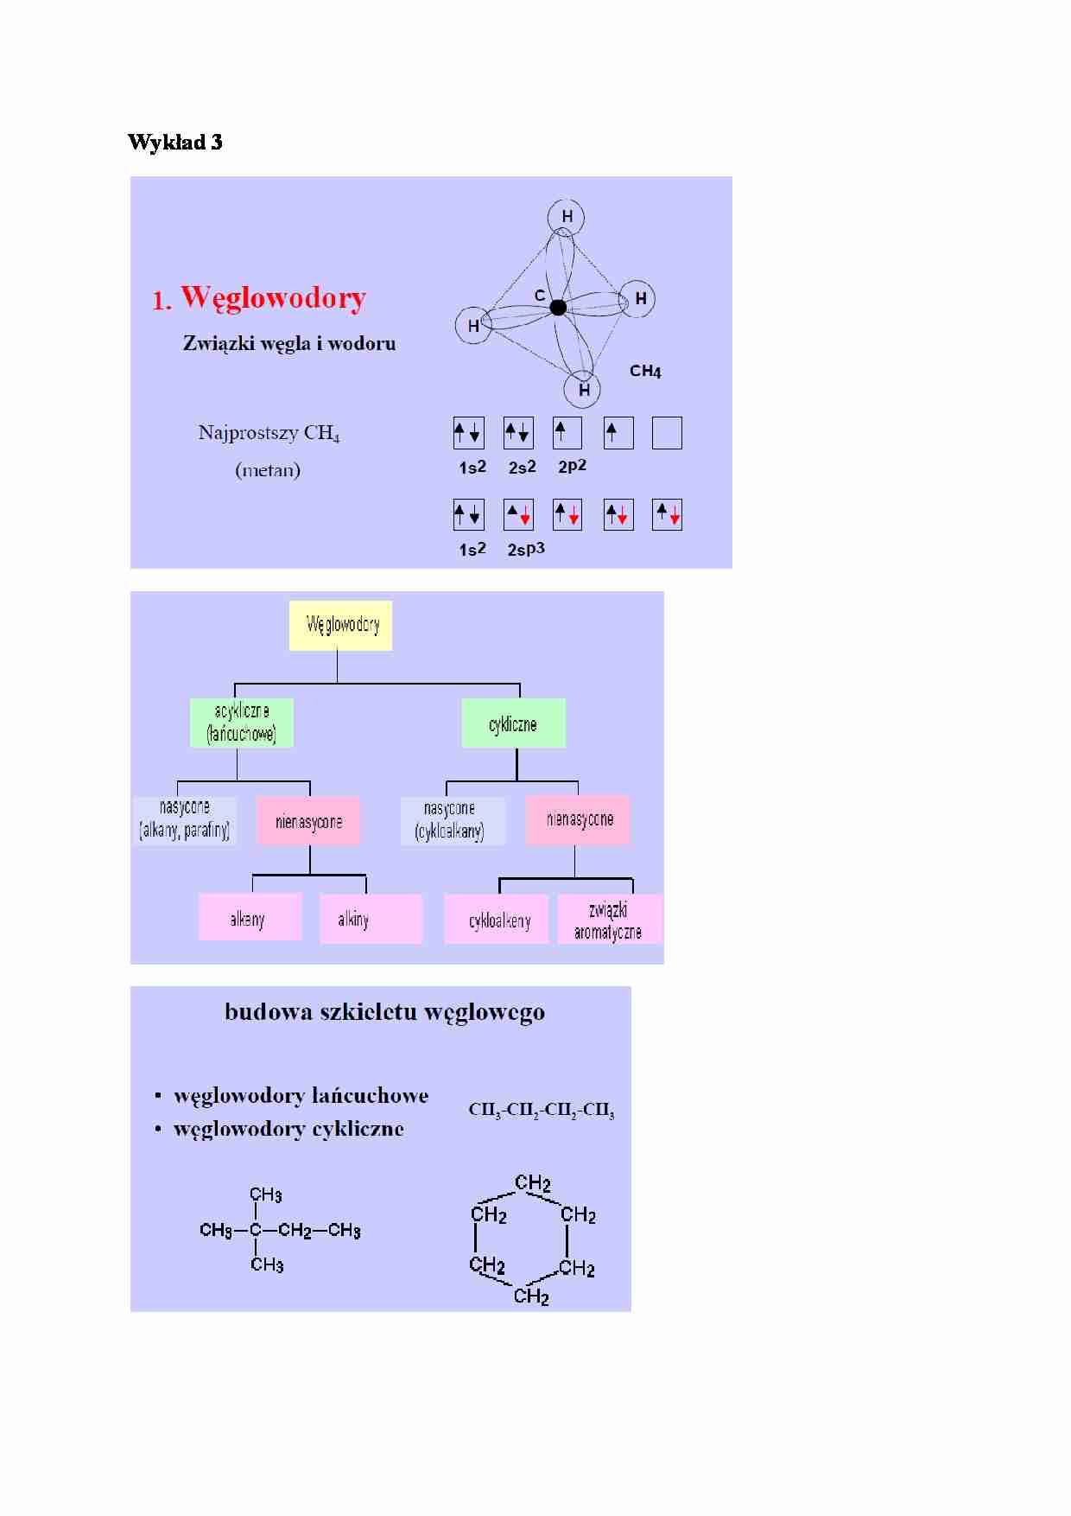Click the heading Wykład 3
(x=175, y=142)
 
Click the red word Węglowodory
(x=274, y=298)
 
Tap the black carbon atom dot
(x=558, y=307)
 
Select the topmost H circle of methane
(x=567, y=217)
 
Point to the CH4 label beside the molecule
(x=645, y=372)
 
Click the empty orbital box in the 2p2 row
(x=667, y=433)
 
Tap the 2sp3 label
(x=526, y=550)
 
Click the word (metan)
(x=268, y=471)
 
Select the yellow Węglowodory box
(x=340, y=625)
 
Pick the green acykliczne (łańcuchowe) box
(x=242, y=723)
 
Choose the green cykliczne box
(x=514, y=723)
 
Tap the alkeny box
(x=250, y=918)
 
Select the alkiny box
(x=371, y=919)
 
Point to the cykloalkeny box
(x=497, y=920)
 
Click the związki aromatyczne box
(x=611, y=920)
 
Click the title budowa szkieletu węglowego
(x=385, y=1013)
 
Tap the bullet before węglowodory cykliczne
(x=158, y=1130)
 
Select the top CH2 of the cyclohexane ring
(x=533, y=1183)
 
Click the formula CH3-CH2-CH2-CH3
(x=542, y=1111)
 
